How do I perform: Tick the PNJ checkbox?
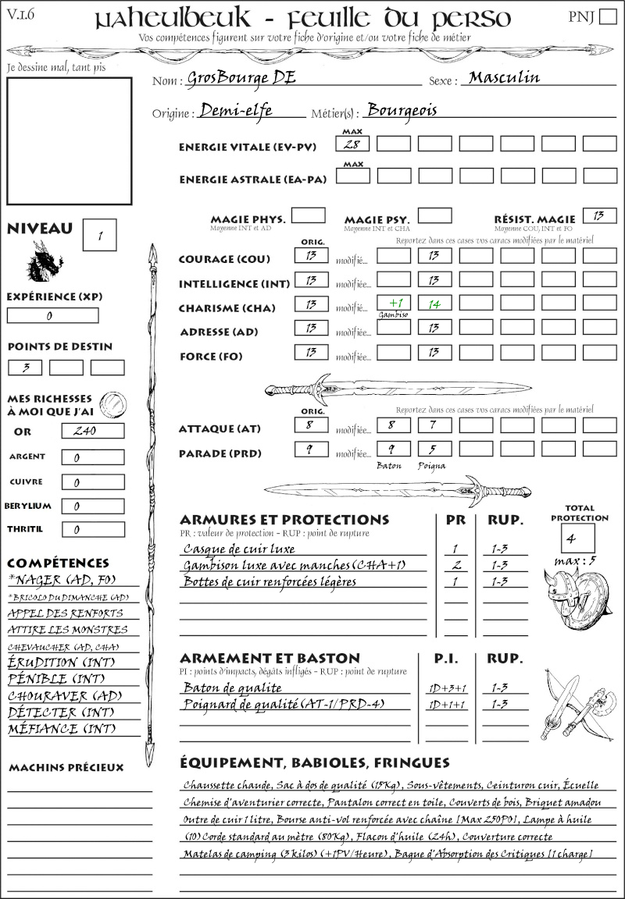coord(606,17)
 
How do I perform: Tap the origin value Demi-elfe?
coord(236,110)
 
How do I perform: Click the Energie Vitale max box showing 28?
coord(353,144)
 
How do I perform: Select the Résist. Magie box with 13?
coord(599,215)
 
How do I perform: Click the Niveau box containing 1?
coord(101,234)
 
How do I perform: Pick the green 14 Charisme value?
coord(434,304)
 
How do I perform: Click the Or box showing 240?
coord(92,431)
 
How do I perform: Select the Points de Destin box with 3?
coord(25,367)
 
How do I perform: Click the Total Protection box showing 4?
coord(577,538)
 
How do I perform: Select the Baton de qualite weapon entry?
coord(232,688)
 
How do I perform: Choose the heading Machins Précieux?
coord(66,768)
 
